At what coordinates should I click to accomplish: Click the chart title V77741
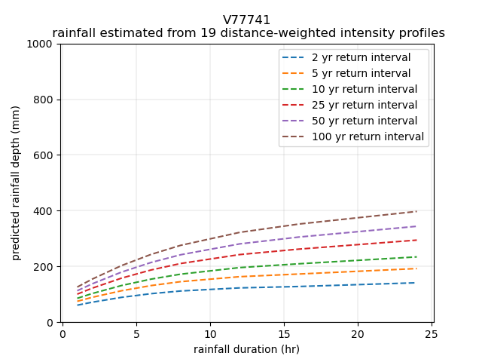(x=246, y=20)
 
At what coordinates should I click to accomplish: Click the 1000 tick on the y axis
(x=42, y=44)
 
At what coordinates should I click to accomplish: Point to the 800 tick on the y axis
(x=45, y=100)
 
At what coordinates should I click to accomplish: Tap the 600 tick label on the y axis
(x=45, y=155)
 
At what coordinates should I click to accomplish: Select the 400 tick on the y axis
(x=45, y=211)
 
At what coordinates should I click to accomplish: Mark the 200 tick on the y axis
(x=45, y=267)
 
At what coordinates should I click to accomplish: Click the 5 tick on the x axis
(x=136, y=333)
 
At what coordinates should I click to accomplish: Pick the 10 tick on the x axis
(x=209, y=333)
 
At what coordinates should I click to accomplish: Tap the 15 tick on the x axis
(x=283, y=333)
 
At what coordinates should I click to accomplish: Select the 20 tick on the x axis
(x=357, y=333)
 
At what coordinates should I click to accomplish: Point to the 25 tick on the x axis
(x=431, y=333)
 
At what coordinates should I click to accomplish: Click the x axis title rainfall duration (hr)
(x=246, y=349)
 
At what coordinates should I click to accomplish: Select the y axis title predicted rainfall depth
(x=16, y=183)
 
